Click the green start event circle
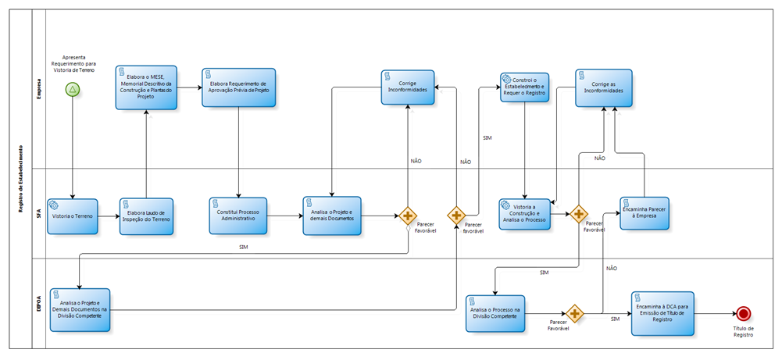click(x=73, y=90)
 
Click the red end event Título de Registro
click(x=743, y=313)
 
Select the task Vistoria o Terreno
click(x=73, y=216)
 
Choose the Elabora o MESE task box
click(x=146, y=87)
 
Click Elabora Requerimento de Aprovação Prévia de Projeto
click(x=238, y=87)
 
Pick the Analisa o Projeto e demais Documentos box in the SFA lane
click(x=332, y=215)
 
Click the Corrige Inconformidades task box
click(x=408, y=87)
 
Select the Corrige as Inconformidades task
click(x=604, y=87)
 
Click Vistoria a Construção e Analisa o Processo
click(x=524, y=214)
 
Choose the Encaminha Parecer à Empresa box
click(x=645, y=213)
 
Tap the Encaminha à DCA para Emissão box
click(x=662, y=313)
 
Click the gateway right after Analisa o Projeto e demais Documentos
click(x=408, y=216)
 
